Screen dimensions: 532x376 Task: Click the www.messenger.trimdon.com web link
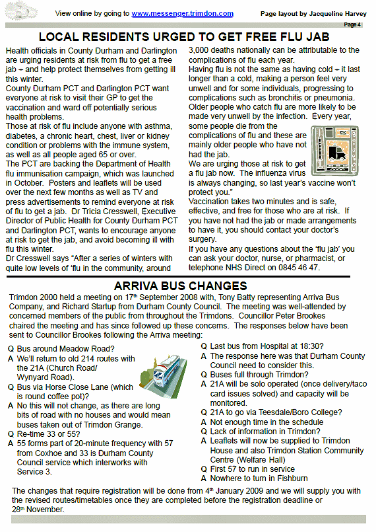182,13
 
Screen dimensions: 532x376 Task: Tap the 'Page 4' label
353,25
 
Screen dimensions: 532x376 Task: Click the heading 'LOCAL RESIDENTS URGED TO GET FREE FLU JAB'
184,38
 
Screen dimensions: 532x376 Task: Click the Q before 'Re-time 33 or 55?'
10,434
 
